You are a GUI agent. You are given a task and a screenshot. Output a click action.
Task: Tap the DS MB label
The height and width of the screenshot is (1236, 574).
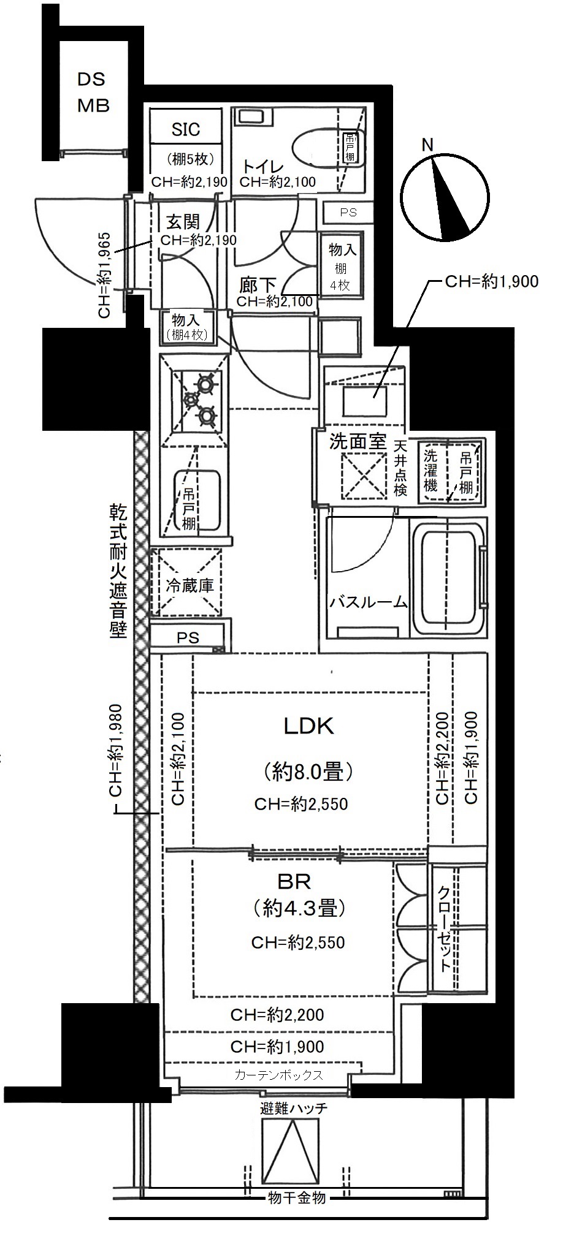(x=93, y=93)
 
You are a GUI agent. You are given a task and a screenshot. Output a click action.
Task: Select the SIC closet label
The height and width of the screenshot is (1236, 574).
(x=186, y=129)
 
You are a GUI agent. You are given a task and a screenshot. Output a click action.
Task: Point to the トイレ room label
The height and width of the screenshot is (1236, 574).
(x=262, y=167)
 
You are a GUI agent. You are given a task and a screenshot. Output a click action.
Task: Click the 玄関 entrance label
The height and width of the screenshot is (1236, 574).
(x=183, y=222)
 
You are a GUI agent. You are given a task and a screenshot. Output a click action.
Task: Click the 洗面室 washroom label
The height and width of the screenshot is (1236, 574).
(x=358, y=442)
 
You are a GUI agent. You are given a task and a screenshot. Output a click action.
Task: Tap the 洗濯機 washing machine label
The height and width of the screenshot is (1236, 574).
(x=431, y=471)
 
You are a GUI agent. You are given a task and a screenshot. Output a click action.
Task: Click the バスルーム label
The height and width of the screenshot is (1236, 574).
(x=369, y=603)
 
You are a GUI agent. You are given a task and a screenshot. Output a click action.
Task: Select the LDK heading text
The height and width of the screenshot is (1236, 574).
(x=308, y=726)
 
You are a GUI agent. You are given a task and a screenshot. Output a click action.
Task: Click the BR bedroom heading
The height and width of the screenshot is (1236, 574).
(x=294, y=882)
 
